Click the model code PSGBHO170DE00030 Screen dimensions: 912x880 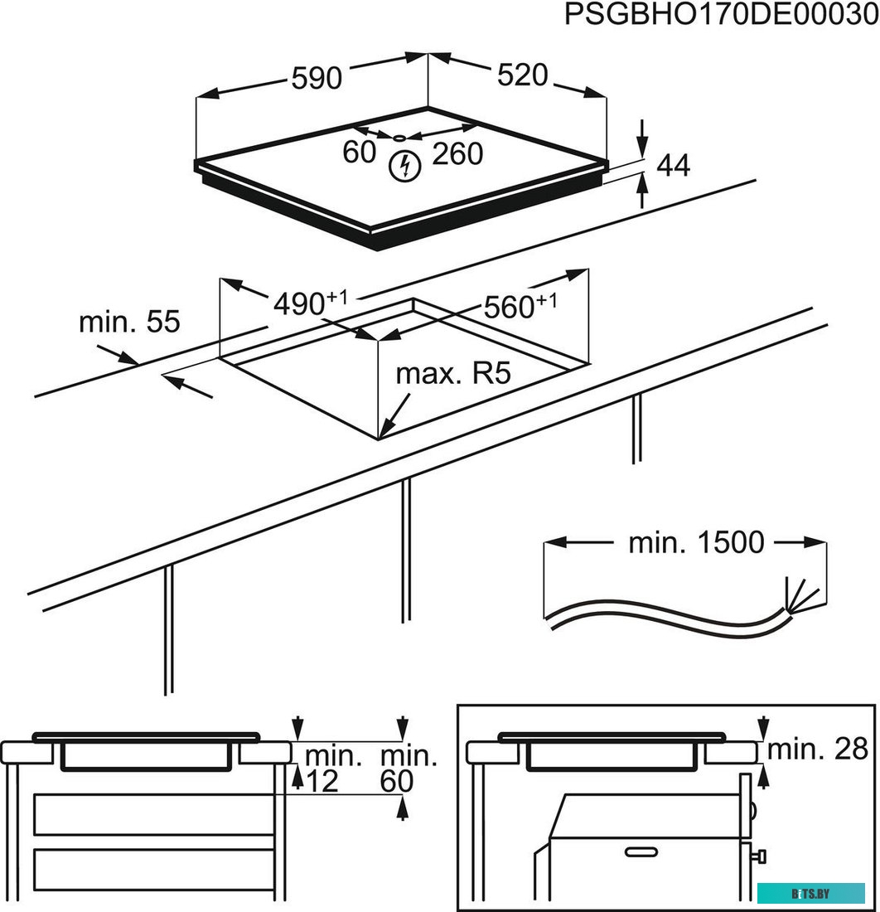[x=719, y=16]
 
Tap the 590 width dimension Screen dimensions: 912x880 [x=317, y=78]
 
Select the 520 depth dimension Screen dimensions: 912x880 [x=523, y=75]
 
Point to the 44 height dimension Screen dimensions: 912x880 [x=673, y=166]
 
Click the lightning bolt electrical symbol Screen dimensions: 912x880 [x=404, y=166]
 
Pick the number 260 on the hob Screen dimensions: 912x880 [x=457, y=153]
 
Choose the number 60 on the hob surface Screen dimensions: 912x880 [x=359, y=153]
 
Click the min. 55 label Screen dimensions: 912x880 [x=128, y=322]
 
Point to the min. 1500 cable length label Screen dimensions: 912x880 [x=696, y=543]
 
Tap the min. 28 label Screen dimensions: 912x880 [x=817, y=749]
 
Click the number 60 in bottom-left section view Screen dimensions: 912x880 [x=397, y=781]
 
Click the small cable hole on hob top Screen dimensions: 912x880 [x=399, y=138]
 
